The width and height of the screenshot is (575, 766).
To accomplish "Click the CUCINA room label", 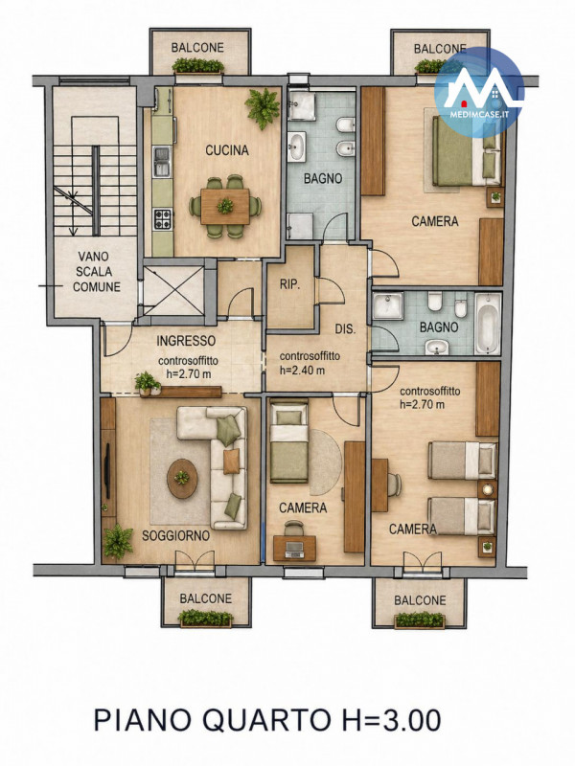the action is pyautogui.click(x=227, y=150).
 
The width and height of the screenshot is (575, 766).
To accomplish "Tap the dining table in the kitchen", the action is pyautogui.click(x=225, y=206).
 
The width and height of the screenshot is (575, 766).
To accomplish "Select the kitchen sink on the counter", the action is pyautogui.click(x=162, y=162).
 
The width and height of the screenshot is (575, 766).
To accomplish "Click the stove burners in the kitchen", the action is pyautogui.click(x=163, y=219).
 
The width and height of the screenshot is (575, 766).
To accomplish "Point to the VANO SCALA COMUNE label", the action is pyautogui.click(x=97, y=271).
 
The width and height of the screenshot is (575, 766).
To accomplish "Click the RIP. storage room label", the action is pyautogui.click(x=289, y=284).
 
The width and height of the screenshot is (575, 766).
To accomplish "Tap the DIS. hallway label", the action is pyautogui.click(x=345, y=329).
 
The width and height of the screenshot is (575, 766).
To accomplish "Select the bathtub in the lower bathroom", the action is pyautogui.click(x=488, y=324).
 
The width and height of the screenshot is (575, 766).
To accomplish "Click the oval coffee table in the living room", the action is pyautogui.click(x=182, y=478).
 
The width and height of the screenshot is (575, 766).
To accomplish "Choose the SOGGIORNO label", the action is pyautogui.click(x=175, y=535).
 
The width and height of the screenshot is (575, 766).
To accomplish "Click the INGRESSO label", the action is pyautogui.click(x=186, y=341).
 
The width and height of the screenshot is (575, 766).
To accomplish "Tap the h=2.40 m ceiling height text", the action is pyautogui.click(x=302, y=370).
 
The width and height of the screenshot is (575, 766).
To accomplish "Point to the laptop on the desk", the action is pyautogui.click(x=294, y=549).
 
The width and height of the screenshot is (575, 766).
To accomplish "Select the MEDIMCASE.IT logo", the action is pyautogui.click(x=478, y=92).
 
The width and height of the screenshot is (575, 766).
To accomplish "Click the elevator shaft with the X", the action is pyautogui.click(x=173, y=291).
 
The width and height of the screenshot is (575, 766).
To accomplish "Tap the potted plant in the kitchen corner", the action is pyautogui.click(x=263, y=106).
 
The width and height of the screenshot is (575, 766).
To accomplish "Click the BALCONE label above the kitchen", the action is pyautogui.click(x=197, y=47).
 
